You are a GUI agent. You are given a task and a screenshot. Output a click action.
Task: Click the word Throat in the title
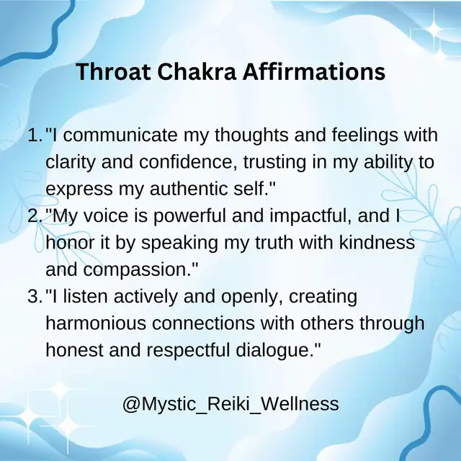click(114, 71)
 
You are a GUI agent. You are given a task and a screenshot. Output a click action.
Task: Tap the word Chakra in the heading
click(197, 71)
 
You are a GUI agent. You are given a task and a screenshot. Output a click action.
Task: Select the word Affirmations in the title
click(314, 71)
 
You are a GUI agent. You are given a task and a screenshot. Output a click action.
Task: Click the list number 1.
click(35, 135)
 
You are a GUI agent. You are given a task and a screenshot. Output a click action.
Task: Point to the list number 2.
click(35, 216)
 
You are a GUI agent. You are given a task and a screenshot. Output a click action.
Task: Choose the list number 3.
click(35, 296)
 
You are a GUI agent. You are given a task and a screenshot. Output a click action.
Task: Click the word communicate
click(120, 135)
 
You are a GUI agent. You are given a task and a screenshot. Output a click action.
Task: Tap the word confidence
click(189, 162)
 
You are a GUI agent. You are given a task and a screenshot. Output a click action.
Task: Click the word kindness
click(377, 243)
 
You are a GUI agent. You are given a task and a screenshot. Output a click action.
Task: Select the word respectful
click(188, 351)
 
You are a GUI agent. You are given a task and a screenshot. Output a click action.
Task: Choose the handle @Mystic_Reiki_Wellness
click(230, 404)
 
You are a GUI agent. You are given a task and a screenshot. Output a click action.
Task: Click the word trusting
click(274, 163)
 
